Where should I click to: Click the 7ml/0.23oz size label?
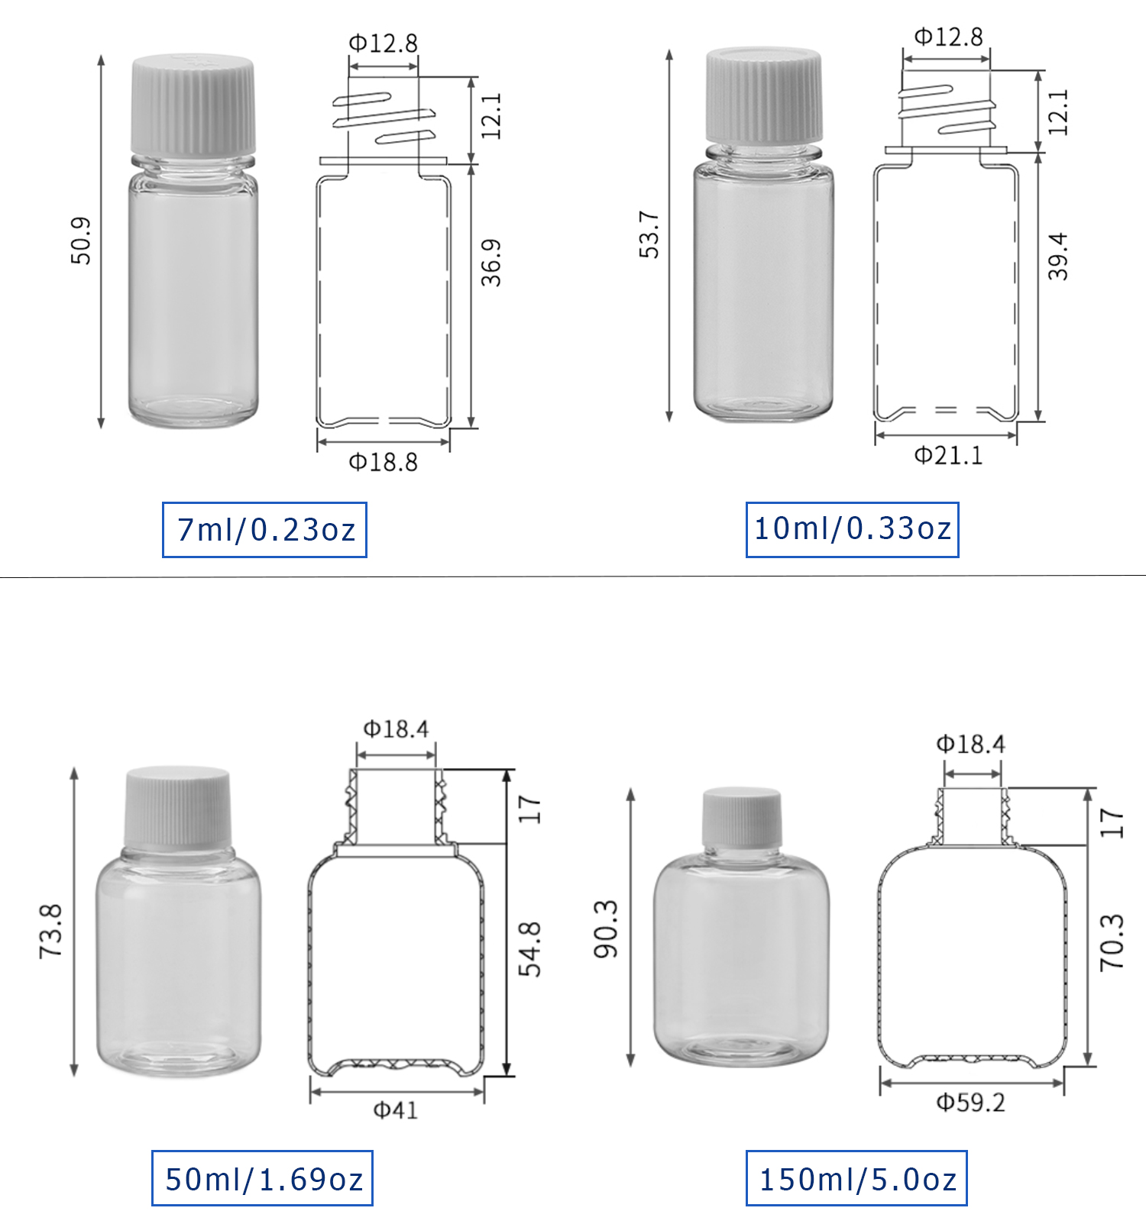pos(264,529)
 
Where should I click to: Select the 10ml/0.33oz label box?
pos(852,528)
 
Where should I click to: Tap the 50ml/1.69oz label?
pos(262,1178)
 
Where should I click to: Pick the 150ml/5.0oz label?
pos(856,1178)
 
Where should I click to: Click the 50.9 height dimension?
pos(81,241)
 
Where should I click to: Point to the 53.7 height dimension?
pos(649,234)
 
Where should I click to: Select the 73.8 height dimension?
pos(50,931)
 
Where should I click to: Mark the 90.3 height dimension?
pos(606,929)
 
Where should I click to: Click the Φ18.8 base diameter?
pos(383,462)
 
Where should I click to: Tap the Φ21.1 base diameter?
pos(948,456)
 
